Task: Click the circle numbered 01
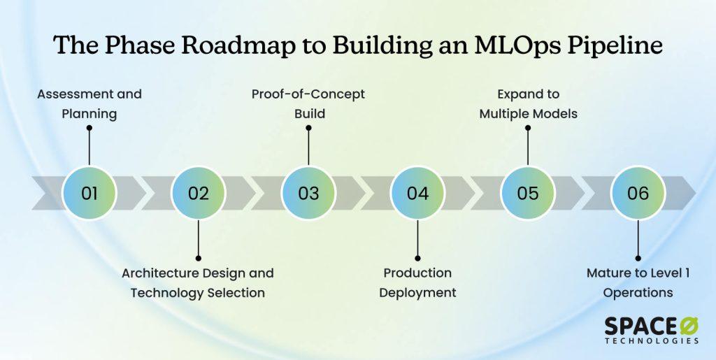[x=89, y=192]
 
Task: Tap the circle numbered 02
[x=199, y=192]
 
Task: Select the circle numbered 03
[x=308, y=192]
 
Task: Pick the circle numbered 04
[x=417, y=192]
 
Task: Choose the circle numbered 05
[x=528, y=192]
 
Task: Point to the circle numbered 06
[x=638, y=192]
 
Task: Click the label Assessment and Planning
[x=89, y=103]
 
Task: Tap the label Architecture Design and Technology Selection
[x=198, y=282]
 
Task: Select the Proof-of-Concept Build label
[x=308, y=103]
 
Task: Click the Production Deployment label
[x=417, y=282]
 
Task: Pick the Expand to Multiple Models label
[x=528, y=103]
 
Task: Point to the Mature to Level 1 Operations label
[x=638, y=282]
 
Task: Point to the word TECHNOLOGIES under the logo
[x=651, y=341]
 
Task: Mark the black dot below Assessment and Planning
[x=89, y=128]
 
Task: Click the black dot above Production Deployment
[x=417, y=257]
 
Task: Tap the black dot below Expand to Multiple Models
[x=528, y=128]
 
